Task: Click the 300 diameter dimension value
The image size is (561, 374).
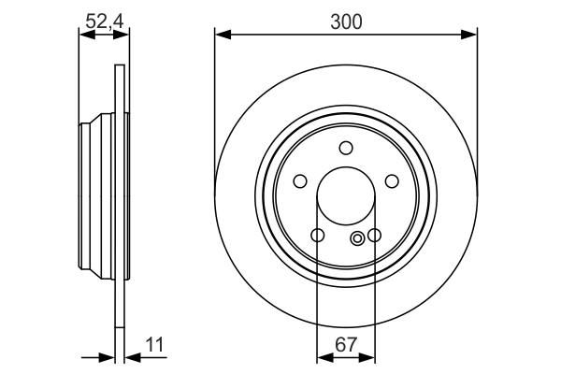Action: [x=346, y=22]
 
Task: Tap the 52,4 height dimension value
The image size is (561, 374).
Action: [x=105, y=22]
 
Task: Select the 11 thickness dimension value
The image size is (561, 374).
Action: [x=154, y=345]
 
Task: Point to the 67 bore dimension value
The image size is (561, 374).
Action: [x=346, y=345]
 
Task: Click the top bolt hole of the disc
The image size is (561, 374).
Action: [x=346, y=148]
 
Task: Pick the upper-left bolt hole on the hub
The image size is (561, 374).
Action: [x=300, y=180]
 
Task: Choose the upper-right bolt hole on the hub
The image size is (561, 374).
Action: [x=392, y=180]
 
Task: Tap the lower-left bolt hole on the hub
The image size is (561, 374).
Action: [x=318, y=235]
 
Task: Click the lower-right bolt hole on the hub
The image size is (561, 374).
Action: [x=374, y=235]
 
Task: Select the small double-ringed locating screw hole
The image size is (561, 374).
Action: [x=357, y=238]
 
